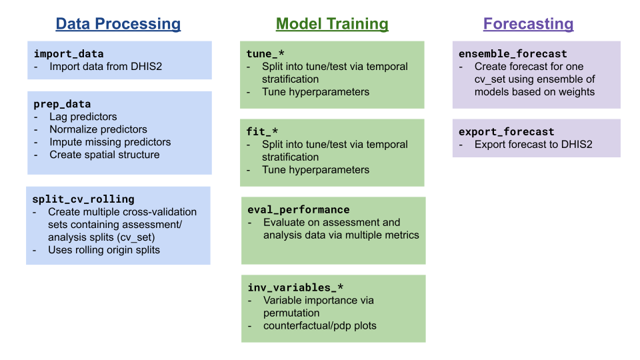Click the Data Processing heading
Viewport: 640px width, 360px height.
point(119,24)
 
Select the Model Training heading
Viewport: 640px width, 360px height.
point(332,24)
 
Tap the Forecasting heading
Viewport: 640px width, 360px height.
point(529,24)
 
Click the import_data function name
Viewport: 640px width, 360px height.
point(69,54)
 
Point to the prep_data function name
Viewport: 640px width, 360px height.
point(62,104)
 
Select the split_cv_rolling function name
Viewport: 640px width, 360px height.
point(83,199)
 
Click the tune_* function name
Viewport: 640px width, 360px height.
point(265,54)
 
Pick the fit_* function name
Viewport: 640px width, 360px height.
point(262,132)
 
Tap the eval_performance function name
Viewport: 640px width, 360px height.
point(299,210)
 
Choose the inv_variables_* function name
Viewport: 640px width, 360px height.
point(295,288)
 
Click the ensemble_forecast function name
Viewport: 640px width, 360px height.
point(513,54)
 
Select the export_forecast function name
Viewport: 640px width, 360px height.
point(507,132)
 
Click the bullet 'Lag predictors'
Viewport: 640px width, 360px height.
point(83,117)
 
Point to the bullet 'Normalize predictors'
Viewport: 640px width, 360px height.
point(99,129)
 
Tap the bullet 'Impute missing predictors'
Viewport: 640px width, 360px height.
point(110,142)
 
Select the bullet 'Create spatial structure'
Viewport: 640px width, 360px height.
point(105,155)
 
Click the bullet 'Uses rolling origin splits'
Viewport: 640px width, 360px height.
point(104,250)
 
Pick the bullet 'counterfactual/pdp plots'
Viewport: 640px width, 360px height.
point(320,326)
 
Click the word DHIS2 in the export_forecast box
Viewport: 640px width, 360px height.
point(576,145)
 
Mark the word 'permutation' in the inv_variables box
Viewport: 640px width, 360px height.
point(291,313)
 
